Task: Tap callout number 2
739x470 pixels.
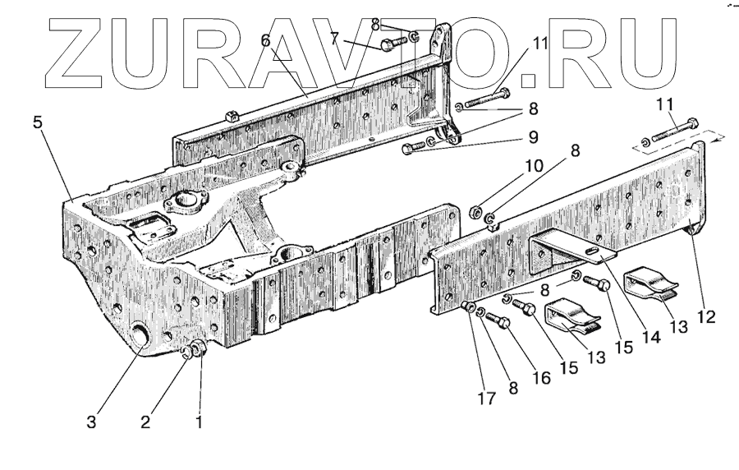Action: pos(145,423)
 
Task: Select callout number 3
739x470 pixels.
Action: pos(91,423)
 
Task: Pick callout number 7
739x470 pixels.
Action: pos(334,37)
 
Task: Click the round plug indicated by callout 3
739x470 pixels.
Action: pos(143,337)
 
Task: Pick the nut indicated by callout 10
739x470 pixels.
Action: pos(475,213)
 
